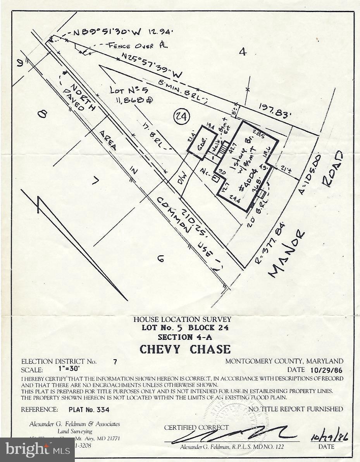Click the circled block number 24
181,116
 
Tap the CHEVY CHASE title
185,349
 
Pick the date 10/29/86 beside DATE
326,370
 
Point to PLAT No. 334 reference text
89,410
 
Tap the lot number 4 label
242,52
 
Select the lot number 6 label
160,258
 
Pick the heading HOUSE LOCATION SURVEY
182,320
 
